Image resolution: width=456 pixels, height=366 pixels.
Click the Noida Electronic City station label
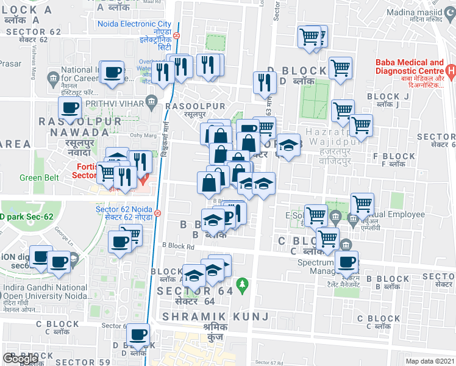pos(135,24)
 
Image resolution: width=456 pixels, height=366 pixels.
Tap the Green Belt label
pos(39,178)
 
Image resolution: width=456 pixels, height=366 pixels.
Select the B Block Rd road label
pos(178,246)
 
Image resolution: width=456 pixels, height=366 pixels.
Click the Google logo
pos(21,359)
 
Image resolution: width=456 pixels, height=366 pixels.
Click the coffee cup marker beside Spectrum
pos(347,262)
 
